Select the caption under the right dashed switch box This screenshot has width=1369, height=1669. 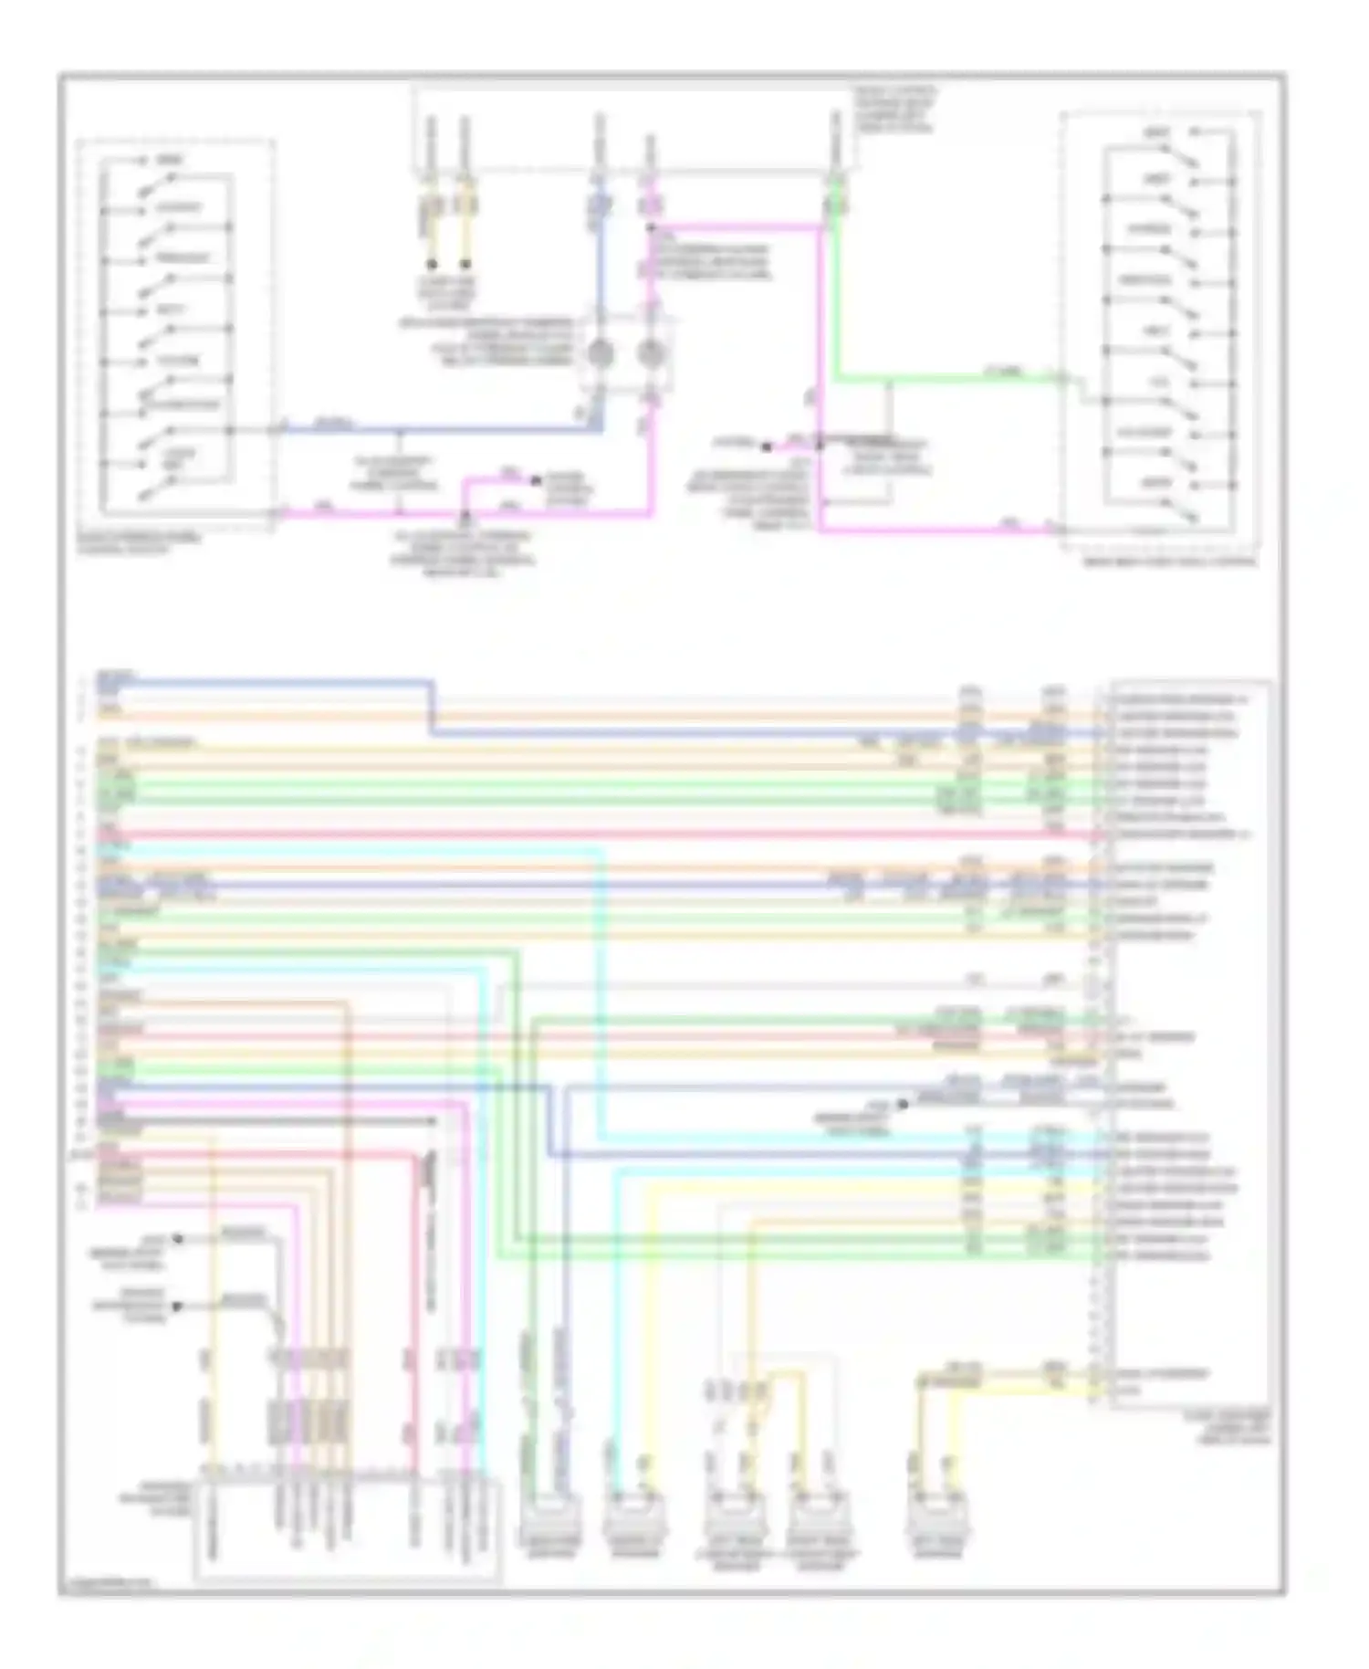[1169, 561]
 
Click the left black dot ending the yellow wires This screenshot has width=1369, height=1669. [432, 264]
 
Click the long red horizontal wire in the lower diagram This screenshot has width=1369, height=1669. [593, 834]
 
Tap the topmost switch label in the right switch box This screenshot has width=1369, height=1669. [1158, 134]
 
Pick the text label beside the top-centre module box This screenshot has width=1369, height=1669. [894, 110]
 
